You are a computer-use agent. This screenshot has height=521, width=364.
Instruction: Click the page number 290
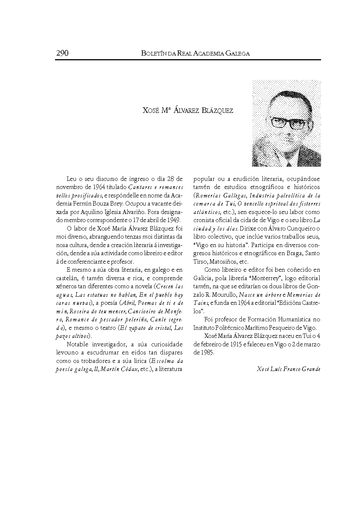62,53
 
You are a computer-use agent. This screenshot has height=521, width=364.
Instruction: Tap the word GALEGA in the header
238,54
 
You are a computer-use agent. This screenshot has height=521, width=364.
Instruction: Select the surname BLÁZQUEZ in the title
217,111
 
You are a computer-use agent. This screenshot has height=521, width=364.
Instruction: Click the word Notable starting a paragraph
79,345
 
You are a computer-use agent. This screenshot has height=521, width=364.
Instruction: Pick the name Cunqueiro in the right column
301,228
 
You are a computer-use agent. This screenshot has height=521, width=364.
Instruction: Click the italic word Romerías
210,196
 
